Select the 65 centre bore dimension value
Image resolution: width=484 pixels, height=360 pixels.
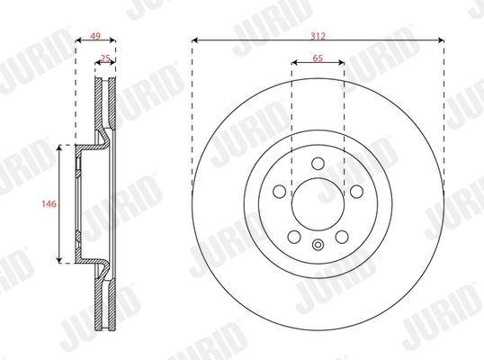pyautogui.click(x=318, y=56)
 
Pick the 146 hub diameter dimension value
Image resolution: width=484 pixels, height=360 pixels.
pyautogui.click(x=50, y=204)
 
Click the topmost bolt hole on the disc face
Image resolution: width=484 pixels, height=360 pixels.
pyautogui.click(x=318, y=163)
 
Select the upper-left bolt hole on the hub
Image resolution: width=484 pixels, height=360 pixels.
pyautogui.click(x=279, y=192)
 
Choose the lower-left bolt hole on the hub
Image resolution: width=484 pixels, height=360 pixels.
pyautogui.click(x=293, y=237)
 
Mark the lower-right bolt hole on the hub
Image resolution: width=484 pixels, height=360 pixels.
pyautogui.click(x=342, y=237)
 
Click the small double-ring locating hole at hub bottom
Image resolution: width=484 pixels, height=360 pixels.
pyautogui.click(x=318, y=245)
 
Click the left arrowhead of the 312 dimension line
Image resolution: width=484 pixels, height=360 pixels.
pyautogui.click(x=195, y=40)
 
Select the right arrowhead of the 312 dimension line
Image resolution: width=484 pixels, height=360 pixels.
pyautogui.click(x=442, y=40)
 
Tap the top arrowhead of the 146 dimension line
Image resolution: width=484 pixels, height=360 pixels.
pyautogui.click(x=61, y=148)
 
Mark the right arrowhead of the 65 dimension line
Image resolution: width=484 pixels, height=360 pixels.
pyautogui.click(x=342, y=64)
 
